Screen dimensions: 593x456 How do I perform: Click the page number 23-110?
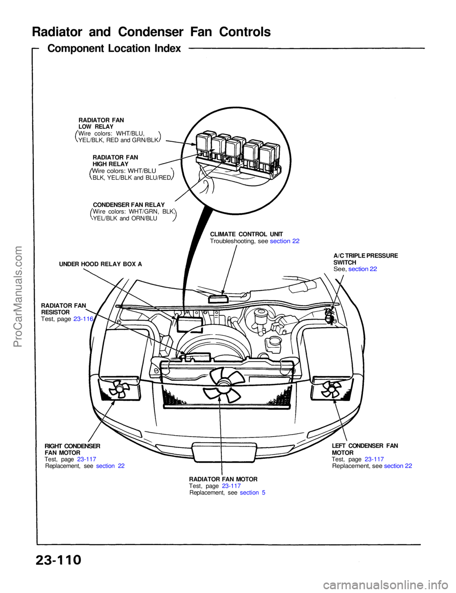[58, 560]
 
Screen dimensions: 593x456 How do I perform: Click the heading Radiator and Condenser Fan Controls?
[151, 32]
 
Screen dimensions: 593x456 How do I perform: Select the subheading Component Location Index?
[114, 49]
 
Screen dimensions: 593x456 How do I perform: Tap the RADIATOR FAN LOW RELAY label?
[101, 123]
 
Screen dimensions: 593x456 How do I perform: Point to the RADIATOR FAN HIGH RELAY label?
[115, 160]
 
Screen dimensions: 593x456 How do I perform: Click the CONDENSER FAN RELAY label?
[129, 205]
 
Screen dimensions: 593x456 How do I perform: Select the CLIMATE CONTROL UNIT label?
[246, 234]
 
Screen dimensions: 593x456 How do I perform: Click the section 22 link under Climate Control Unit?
[285, 241]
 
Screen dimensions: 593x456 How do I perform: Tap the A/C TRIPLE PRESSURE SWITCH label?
[365, 259]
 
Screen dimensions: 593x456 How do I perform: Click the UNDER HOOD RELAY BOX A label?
[100, 264]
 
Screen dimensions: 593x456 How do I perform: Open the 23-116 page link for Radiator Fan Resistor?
[83, 319]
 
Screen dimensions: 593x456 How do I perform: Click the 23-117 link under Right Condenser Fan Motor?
[86, 459]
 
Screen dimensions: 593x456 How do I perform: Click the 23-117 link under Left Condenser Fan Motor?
[374, 459]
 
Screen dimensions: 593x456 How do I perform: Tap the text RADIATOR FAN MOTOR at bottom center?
[223, 479]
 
